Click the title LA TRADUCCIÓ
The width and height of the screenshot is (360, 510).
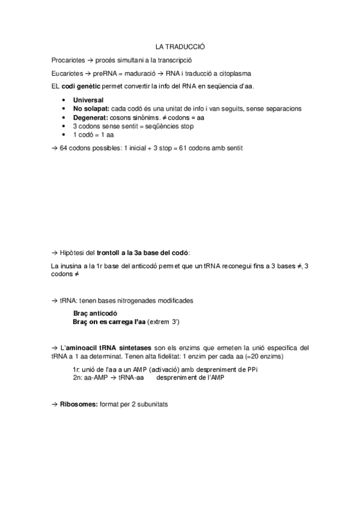click(x=180, y=46)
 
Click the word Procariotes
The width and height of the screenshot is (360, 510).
click(x=68, y=60)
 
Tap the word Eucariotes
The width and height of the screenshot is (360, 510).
click(x=67, y=73)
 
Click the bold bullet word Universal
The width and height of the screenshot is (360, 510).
click(x=88, y=100)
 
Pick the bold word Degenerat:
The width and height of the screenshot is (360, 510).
click(x=91, y=118)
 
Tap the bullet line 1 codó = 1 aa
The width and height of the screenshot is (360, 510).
click(x=93, y=135)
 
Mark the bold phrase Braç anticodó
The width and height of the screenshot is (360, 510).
click(x=95, y=313)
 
